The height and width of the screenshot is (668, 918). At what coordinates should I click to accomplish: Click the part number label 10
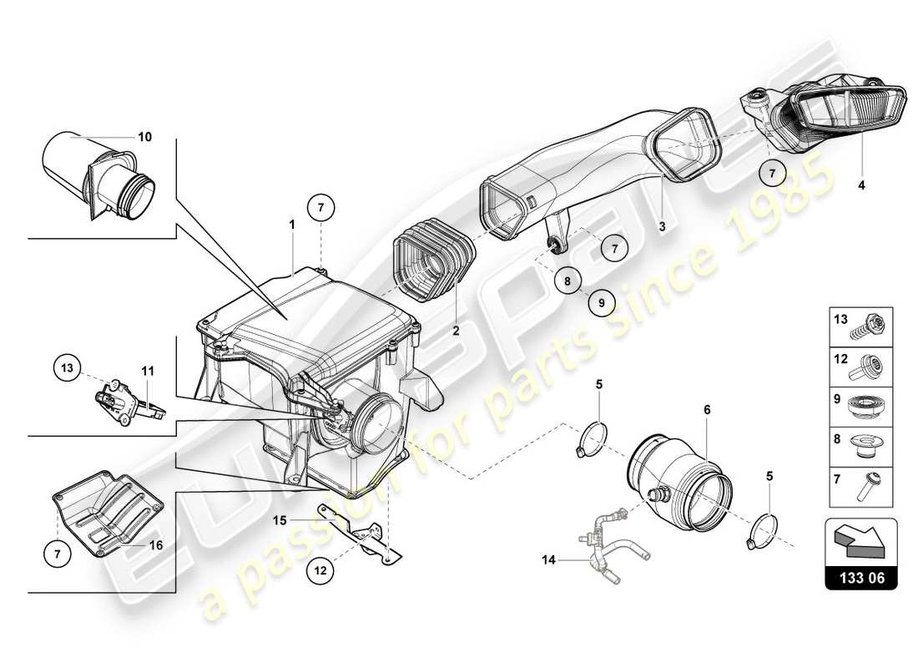click(x=144, y=137)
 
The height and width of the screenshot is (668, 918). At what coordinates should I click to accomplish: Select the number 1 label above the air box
click(x=292, y=225)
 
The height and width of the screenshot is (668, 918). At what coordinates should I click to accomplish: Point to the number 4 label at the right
click(x=861, y=186)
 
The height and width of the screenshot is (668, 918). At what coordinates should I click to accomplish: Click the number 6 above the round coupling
click(x=706, y=410)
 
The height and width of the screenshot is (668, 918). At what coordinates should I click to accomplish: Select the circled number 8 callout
click(x=567, y=281)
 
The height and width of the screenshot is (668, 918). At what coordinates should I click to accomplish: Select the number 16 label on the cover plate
click(x=155, y=544)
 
